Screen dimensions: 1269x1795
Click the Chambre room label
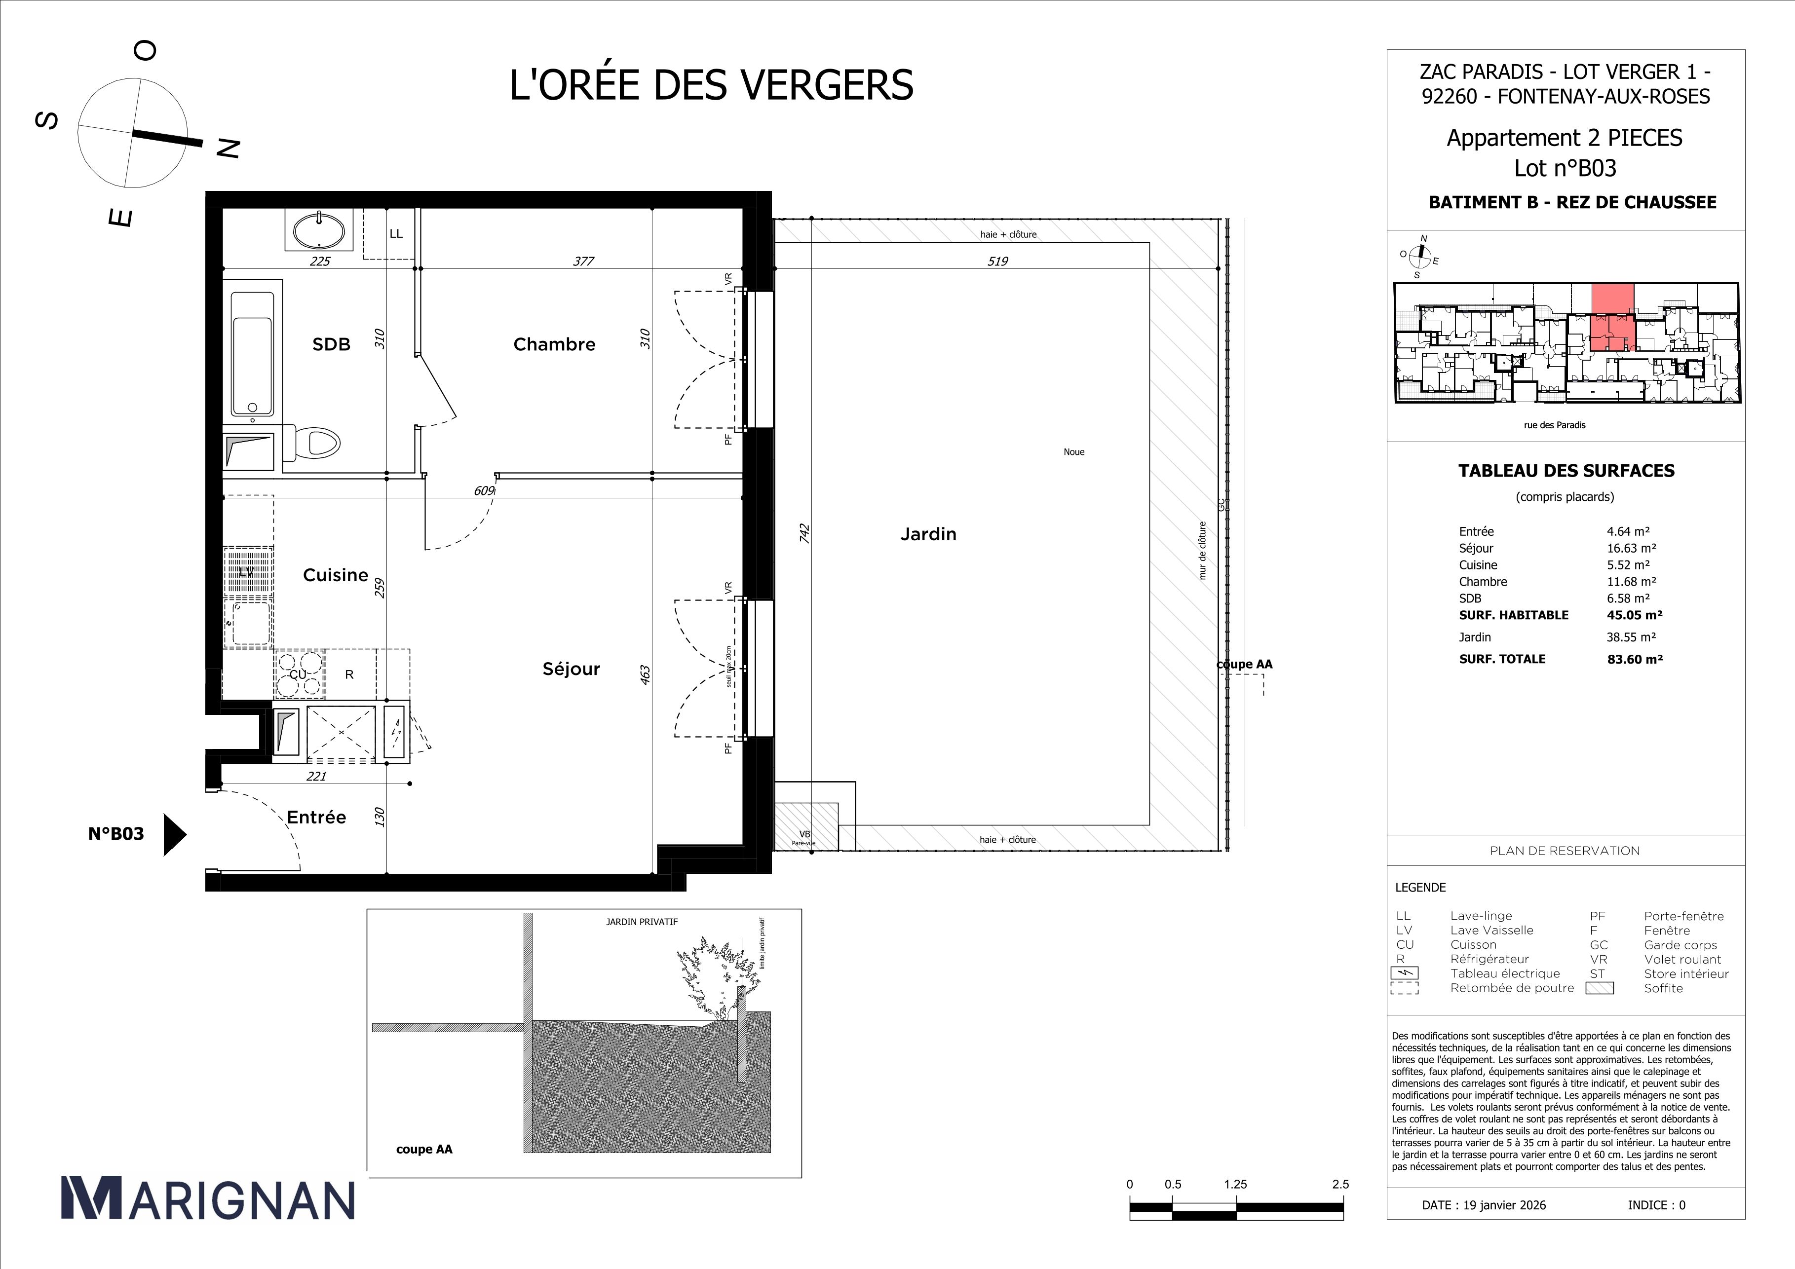pyautogui.click(x=554, y=344)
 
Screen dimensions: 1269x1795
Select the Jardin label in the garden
pyautogui.click(x=928, y=534)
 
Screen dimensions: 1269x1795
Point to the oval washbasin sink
pyautogui.click(x=318, y=230)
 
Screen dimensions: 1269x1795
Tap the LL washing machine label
pyautogui.click(x=396, y=234)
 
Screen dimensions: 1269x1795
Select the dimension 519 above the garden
pyautogui.click(x=997, y=262)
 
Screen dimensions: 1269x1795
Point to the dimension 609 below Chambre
pyautogui.click(x=484, y=491)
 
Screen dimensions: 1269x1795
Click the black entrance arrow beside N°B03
pyautogui.click(x=174, y=834)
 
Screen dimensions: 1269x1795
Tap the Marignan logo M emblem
pyautogui.click(x=91, y=1198)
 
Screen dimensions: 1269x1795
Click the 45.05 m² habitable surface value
pyautogui.click(x=1634, y=615)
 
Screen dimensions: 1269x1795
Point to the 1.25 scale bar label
pyautogui.click(x=1235, y=1185)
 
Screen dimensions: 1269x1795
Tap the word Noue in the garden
pyautogui.click(x=1073, y=451)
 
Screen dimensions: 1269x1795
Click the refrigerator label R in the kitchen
pyautogui.click(x=349, y=674)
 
